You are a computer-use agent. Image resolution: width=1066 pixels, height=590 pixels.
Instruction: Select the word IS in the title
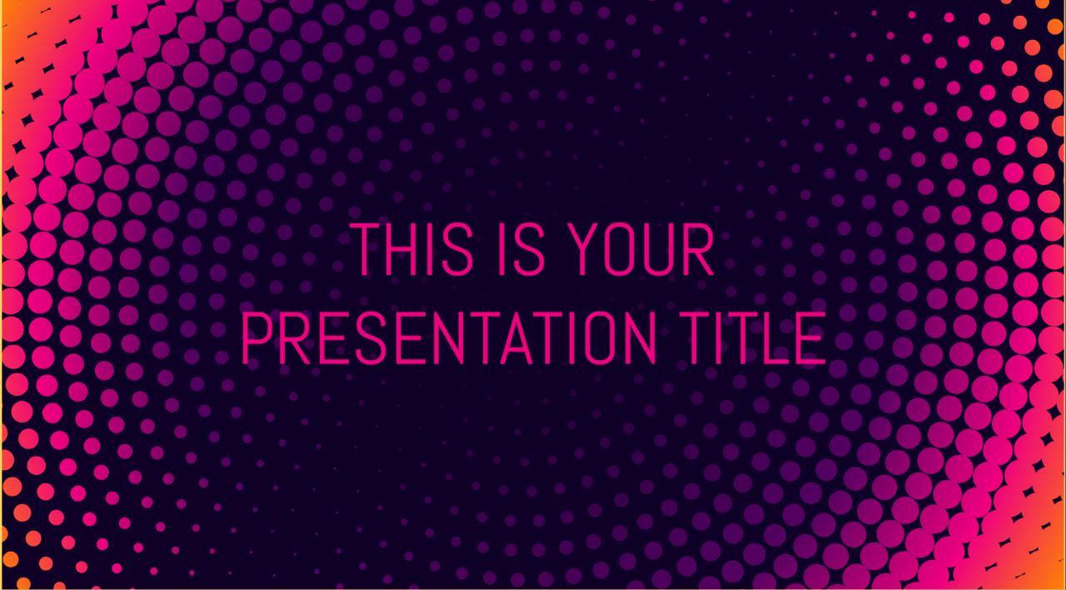pos(521,249)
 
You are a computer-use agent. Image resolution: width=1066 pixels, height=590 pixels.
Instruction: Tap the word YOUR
pos(641,249)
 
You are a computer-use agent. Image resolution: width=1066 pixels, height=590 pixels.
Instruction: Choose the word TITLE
pos(753,338)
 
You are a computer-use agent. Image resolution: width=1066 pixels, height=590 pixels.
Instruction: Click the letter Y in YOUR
pos(587,249)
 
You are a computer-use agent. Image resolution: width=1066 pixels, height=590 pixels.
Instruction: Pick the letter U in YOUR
pos(665,249)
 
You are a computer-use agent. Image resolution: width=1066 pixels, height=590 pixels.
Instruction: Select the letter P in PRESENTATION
pos(256,338)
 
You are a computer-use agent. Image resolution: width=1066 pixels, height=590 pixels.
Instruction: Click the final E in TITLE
pos(814,338)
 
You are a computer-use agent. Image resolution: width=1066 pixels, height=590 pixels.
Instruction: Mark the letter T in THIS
pos(366,249)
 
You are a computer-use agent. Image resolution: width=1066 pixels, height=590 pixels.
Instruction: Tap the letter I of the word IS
pos(501,249)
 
